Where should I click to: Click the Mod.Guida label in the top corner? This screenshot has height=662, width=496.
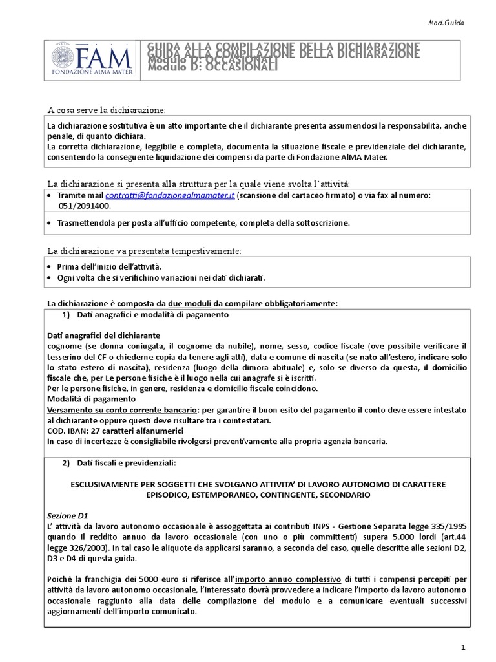pyautogui.click(x=446, y=23)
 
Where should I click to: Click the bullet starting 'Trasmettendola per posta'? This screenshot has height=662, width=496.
pyautogui.click(x=203, y=223)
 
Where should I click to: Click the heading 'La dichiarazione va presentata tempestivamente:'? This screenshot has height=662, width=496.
pyautogui.click(x=144, y=250)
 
